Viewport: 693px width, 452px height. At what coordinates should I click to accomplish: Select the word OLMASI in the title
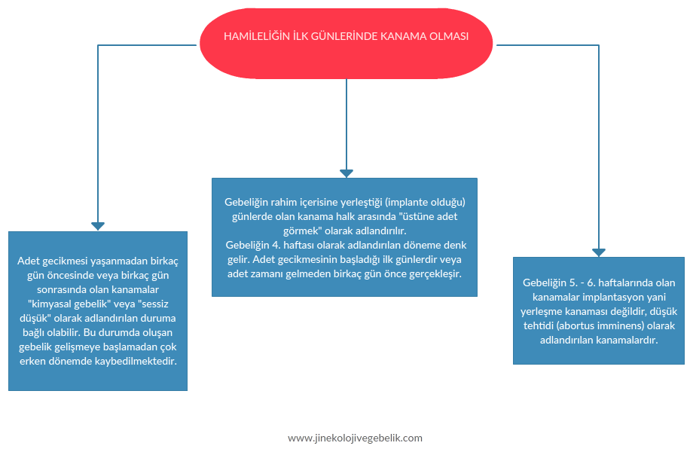pos(448,36)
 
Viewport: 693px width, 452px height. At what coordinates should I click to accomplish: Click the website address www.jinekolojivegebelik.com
pos(355,438)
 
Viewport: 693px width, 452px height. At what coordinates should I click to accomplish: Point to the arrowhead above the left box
pos(98,225)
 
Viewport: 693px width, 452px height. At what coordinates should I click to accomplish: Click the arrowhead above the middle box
pos(346,173)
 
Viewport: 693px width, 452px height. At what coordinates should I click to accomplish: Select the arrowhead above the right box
pos(599,252)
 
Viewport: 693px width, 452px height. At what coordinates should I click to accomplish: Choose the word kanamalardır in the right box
pos(627,340)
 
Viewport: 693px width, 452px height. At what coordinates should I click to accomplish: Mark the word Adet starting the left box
pos(29,261)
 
